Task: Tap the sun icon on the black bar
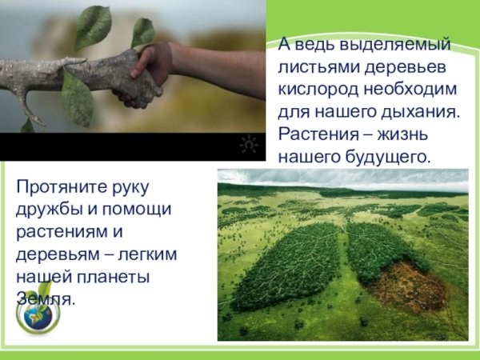tap(249, 145)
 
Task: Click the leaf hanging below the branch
tap(77, 99)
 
